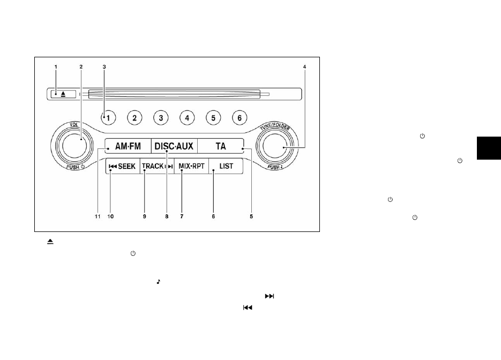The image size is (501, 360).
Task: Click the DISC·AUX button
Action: pyautogui.click(x=174, y=146)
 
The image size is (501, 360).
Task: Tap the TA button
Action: pyautogui.click(x=220, y=146)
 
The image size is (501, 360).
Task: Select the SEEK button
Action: pyautogui.click(x=123, y=166)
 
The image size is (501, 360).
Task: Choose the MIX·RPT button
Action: pyautogui.click(x=191, y=166)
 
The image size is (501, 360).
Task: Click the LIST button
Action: pyautogui.click(x=226, y=166)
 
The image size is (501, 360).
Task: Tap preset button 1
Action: pyautogui.click(x=108, y=118)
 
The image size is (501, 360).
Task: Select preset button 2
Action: pyautogui.click(x=134, y=118)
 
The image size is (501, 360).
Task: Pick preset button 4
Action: pyautogui.click(x=187, y=118)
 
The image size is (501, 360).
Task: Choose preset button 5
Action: pyautogui.click(x=213, y=118)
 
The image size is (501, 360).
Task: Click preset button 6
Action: pyautogui.click(x=240, y=118)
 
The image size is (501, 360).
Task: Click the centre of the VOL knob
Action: pyautogui.click(x=74, y=146)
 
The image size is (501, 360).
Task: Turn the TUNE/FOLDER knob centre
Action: pyautogui.click(x=274, y=146)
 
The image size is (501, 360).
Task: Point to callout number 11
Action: pyautogui.click(x=98, y=216)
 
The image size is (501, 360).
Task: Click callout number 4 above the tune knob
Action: pyautogui.click(x=304, y=67)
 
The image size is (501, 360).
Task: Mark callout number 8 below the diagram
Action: pyautogui.click(x=167, y=216)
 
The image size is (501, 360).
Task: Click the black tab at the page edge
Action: pyautogui.click(x=489, y=148)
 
